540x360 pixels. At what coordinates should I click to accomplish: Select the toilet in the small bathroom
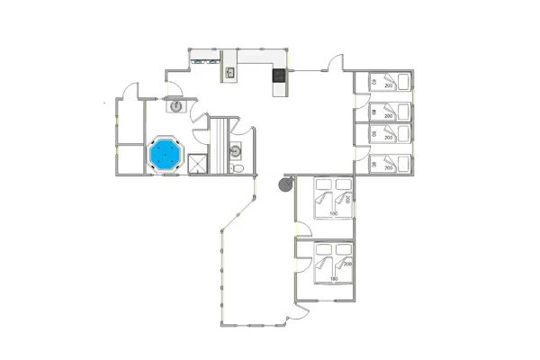click(238, 167)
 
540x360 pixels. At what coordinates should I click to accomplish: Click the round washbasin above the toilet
click(236, 150)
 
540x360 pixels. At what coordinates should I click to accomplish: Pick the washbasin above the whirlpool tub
click(175, 105)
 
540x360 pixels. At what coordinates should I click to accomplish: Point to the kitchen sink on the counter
click(229, 73)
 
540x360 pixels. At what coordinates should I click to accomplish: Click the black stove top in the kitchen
click(279, 75)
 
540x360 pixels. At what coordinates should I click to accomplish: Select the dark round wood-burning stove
click(285, 184)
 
